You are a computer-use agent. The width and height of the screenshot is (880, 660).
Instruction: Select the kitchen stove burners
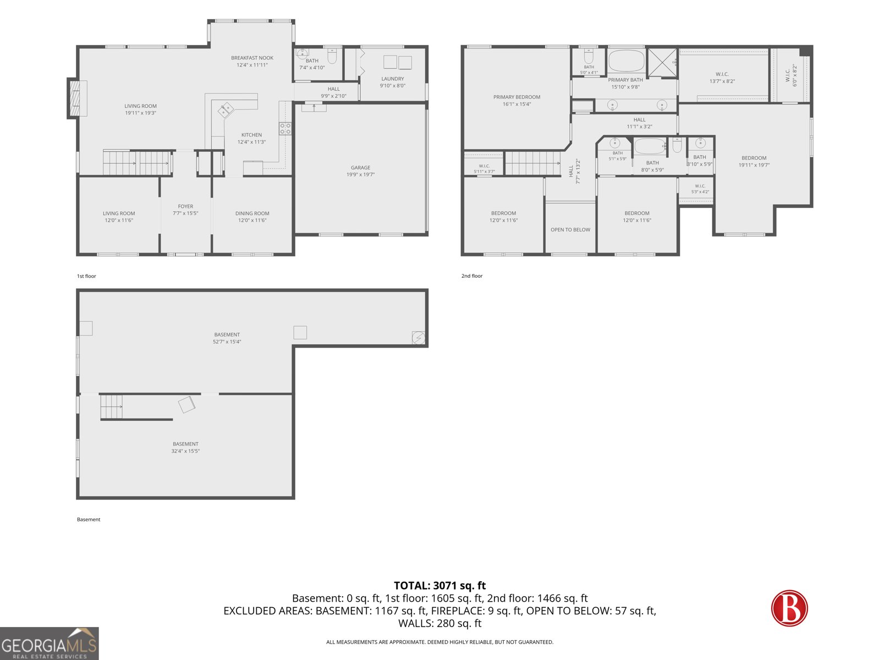[285, 129]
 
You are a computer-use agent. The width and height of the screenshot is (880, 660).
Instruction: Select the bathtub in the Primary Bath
[626, 61]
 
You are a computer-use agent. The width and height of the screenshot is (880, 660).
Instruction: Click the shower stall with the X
[662, 63]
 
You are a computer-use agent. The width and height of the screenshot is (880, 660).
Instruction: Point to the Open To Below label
[570, 229]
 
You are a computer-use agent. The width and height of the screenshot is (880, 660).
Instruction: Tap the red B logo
[789, 608]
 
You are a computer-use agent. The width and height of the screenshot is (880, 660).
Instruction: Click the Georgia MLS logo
[50, 643]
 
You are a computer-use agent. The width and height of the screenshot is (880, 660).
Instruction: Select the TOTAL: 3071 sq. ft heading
[440, 585]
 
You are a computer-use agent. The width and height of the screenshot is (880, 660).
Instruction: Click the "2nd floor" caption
[472, 276]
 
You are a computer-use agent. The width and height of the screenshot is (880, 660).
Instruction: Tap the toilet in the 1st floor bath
[332, 57]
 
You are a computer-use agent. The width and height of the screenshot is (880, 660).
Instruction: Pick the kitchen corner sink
[226, 110]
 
